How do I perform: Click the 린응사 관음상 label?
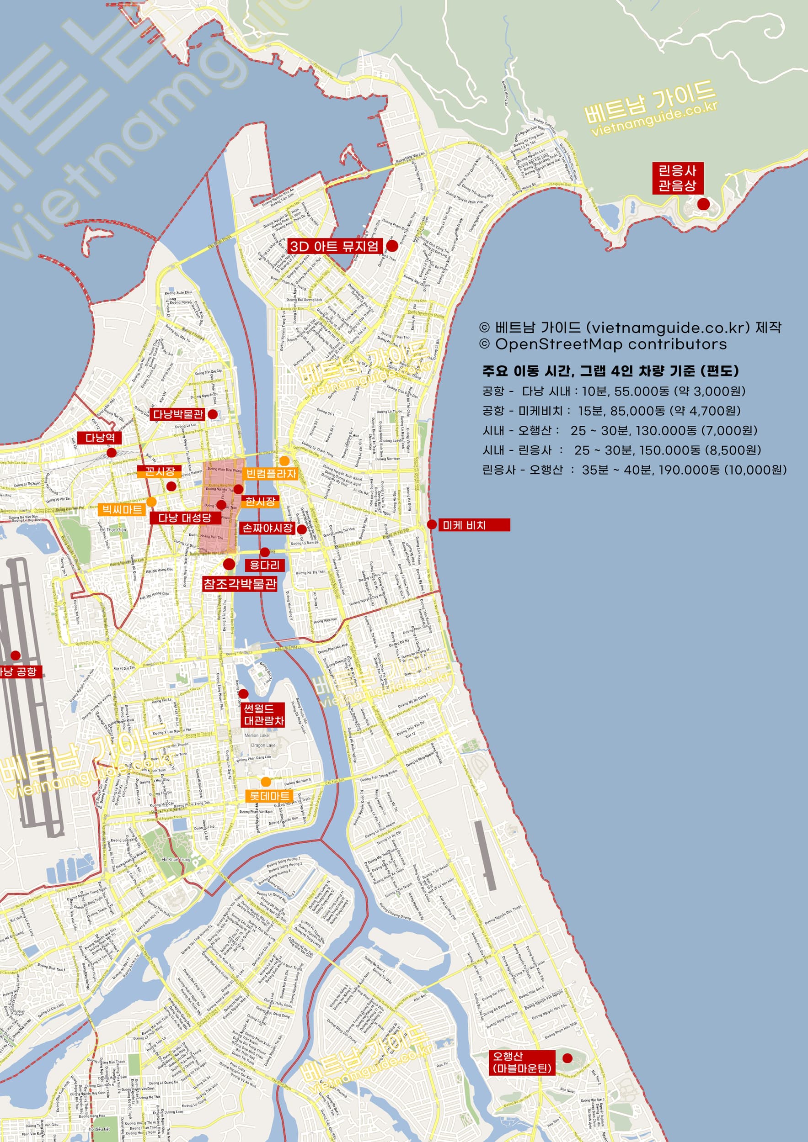click(x=677, y=178)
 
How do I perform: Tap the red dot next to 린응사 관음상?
click(x=703, y=204)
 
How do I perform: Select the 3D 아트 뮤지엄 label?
click(x=335, y=246)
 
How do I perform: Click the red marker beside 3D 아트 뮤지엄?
click(x=392, y=245)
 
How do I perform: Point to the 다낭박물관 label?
click(x=178, y=414)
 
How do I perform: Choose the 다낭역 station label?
click(x=100, y=438)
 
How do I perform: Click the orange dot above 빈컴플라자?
click(x=284, y=460)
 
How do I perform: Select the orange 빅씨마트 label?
click(x=123, y=509)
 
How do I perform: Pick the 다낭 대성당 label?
click(x=185, y=518)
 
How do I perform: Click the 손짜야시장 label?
click(x=268, y=528)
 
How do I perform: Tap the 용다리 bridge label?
click(x=265, y=565)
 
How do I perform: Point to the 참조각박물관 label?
click(x=240, y=583)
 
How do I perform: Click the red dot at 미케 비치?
click(x=432, y=525)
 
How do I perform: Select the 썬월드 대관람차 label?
click(x=263, y=714)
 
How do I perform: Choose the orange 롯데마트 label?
click(x=269, y=796)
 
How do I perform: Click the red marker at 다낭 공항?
click(x=16, y=655)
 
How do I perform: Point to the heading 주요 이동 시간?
click(x=610, y=370)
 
